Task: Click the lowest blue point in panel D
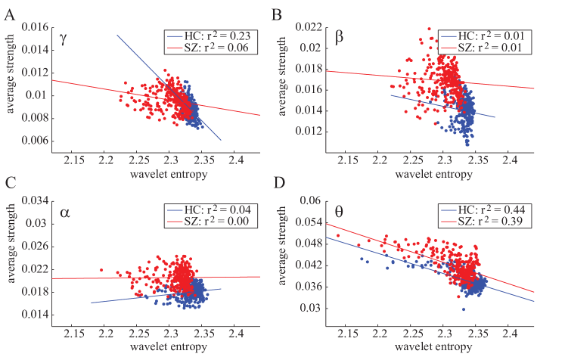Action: coord(464,309)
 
